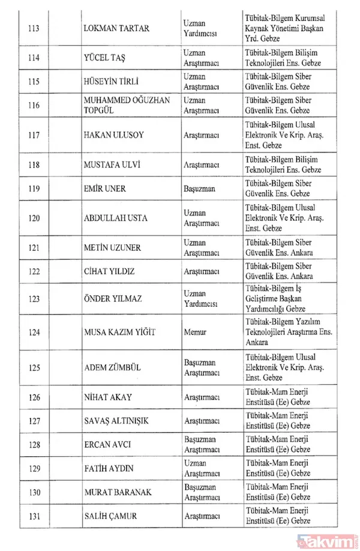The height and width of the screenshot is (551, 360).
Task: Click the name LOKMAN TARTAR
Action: pyautogui.click(x=117, y=29)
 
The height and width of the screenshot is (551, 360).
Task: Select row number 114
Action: pyautogui.click(x=34, y=58)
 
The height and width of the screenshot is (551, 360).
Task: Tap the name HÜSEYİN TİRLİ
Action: pyautogui.click(x=113, y=82)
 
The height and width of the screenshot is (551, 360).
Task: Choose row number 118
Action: pyautogui.click(x=34, y=165)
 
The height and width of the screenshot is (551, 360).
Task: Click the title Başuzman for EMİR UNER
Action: pyautogui.click(x=198, y=188)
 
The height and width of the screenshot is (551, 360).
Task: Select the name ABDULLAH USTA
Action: pyautogui.click(x=115, y=218)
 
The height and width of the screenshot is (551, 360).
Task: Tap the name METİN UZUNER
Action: pyautogui.click(x=112, y=247)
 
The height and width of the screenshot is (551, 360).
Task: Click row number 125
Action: pyautogui.click(x=34, y=367)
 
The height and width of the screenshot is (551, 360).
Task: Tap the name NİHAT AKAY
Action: pyautogui.click(x=108, y=397)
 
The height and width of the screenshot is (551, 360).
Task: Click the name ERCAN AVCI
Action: pyautogui.click(x=107, y=445)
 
